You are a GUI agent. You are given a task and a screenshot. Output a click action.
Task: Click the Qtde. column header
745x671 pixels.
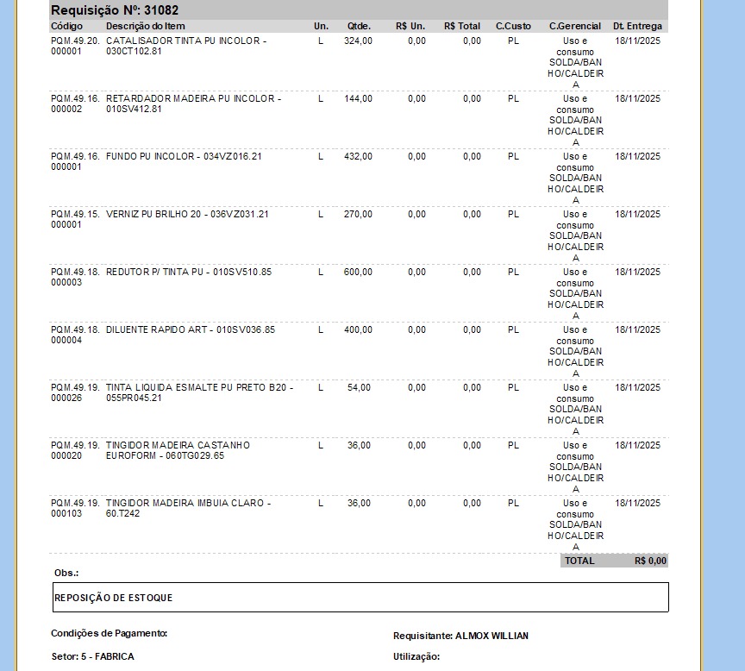tap(359, 27)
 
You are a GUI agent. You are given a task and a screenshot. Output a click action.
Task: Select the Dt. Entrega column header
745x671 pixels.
tap(637, 27)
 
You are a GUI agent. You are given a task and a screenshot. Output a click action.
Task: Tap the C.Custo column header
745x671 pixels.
tap(513, 27)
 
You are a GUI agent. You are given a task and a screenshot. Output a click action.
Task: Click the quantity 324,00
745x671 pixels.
tap(358, 41)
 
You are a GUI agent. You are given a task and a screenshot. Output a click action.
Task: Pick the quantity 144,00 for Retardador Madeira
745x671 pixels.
tap(358, 98)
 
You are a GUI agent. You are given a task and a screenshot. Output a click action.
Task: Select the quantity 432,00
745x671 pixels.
tap(358, 156)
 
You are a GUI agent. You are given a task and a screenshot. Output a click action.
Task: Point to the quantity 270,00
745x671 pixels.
tap(358, 214)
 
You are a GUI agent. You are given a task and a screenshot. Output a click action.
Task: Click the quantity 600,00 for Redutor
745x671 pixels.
tap(358, 272)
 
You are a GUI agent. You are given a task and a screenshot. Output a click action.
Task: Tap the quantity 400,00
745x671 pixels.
tap(358, 329)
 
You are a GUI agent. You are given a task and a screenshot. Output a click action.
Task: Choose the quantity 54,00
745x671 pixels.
tap(360, 387)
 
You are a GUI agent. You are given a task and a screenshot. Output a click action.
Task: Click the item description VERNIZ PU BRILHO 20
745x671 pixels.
tap(187, 214)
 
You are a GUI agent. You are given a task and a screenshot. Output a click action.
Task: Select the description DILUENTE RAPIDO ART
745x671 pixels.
tap(191, 329)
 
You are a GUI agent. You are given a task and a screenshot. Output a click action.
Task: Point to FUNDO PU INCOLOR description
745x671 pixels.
tap(184, 156)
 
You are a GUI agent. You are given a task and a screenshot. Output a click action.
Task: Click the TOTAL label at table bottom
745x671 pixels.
tap(579, 561)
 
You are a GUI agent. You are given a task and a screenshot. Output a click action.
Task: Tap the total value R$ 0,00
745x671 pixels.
tap(650, 561)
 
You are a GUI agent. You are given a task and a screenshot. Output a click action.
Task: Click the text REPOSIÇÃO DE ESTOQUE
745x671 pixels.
tap(113, 598)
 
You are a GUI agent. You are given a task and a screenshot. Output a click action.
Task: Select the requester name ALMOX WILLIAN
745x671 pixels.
tap(491, 636)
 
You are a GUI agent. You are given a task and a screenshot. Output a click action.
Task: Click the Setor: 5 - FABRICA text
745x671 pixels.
tap(92, 656)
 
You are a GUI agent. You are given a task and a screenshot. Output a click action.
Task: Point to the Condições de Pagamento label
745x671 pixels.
tap(109, 633)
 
